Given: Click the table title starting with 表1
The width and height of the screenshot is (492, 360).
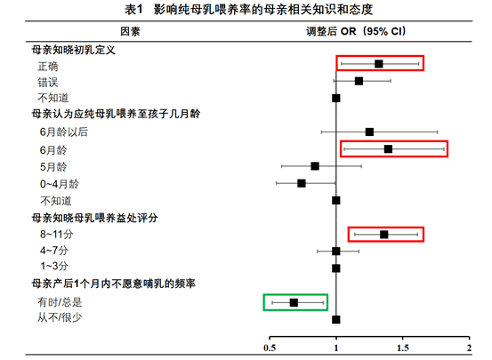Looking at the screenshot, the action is pos(249,10).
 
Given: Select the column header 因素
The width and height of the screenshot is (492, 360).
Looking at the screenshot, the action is pos(130,31).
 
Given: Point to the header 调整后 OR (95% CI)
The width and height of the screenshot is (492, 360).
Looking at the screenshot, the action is pos(356,31).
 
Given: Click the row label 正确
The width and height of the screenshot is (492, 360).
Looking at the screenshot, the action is pos(48,67).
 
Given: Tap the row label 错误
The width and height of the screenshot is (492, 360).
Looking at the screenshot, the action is pos(48,83).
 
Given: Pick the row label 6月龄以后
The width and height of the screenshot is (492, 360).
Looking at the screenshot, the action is pos(64,132).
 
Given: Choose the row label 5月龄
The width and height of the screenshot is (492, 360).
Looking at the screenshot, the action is pos(53,167).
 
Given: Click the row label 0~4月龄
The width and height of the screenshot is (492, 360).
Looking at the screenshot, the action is pos(60,184).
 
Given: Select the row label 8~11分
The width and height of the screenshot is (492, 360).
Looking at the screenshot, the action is pos(56,235).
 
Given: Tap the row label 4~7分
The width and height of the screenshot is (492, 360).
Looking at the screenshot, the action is pos(54,251).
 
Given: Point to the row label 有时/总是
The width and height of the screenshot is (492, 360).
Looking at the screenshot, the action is pos(60,302).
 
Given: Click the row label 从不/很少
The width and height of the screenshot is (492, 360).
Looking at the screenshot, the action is pos(60,317).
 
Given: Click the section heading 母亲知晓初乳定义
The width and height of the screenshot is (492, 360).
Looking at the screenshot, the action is pos(74,50).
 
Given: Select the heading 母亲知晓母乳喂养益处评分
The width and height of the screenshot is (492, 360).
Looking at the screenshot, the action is pos(94,218).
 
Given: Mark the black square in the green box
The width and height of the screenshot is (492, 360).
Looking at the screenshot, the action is pos(294,302).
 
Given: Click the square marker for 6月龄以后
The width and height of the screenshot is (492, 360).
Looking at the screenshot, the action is pos(369,132).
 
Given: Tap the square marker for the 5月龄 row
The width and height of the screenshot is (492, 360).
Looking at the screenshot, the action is pos(315,166).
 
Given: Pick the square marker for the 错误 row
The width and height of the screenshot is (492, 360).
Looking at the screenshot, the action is pos(359,81).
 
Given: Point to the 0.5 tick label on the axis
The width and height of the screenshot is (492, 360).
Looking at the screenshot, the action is pos(270,348).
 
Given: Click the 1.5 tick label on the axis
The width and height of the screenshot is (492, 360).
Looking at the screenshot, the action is pos(403,348).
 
